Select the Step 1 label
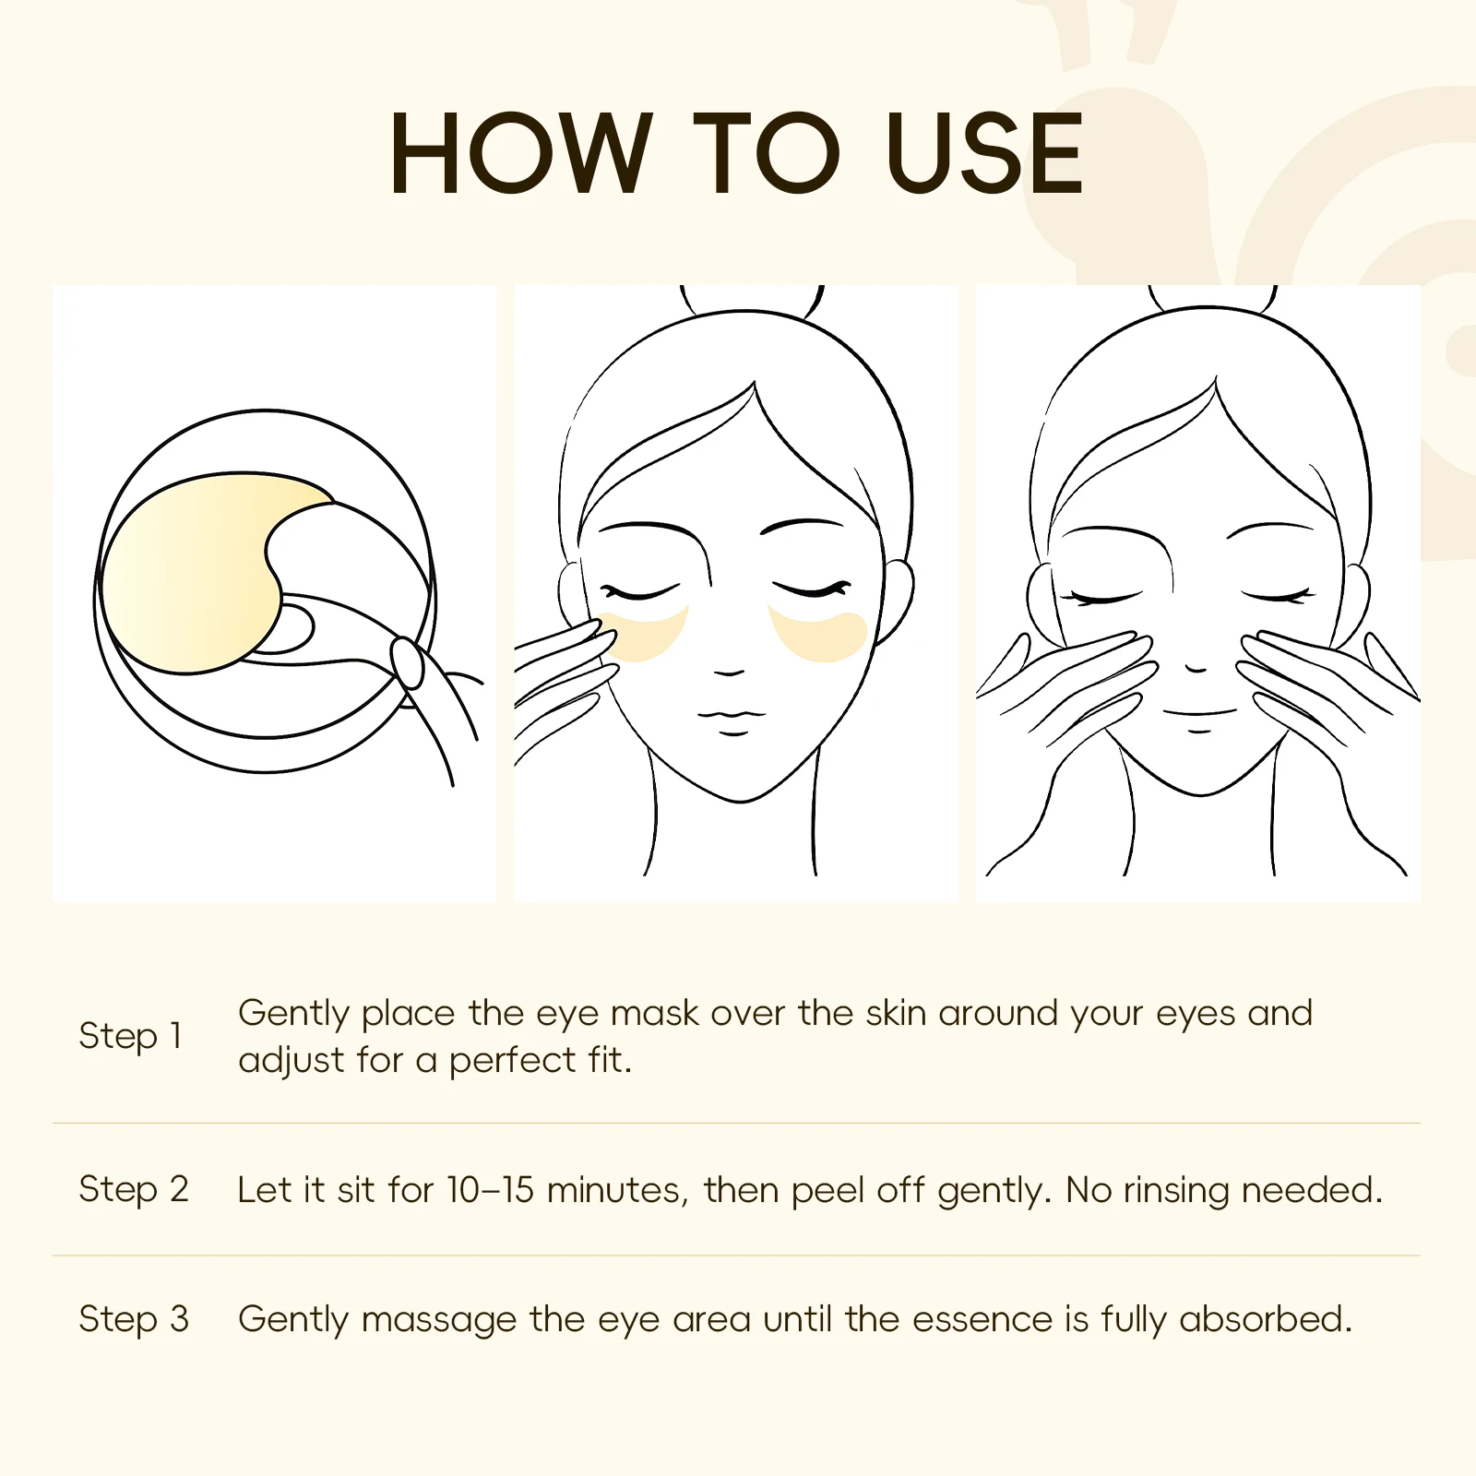click(x=130, y=1036)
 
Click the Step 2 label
click(x=134, y=1190)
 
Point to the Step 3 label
click(x=134, y=1319)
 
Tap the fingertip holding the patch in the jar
click(x=407, y=661)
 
